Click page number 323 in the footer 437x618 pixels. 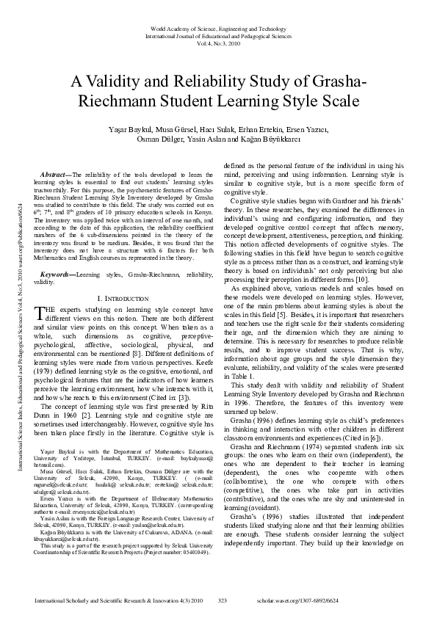pyautogui.click(x=223, y=601)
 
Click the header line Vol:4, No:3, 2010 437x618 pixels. pyautogui.click(x=218, y=43)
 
